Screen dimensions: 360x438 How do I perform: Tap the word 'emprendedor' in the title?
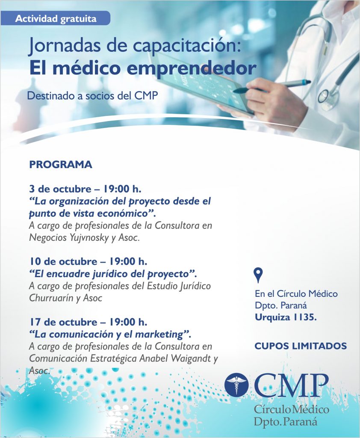(192, 68)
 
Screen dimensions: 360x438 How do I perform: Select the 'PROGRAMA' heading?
(61, 165)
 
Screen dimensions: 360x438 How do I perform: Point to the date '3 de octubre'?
(60, 189)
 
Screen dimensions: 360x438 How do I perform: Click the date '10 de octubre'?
(63, 261)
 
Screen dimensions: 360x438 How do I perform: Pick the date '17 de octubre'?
(63, 322)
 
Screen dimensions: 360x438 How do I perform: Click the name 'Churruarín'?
(51, 298)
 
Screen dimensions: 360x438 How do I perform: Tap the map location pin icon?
(258, 275)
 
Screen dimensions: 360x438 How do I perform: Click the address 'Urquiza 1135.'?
(286, 317)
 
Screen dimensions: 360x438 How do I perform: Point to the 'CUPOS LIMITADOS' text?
(301, 346)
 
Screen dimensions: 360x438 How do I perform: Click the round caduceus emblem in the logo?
(236, 385)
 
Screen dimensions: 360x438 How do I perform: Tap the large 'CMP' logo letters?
(291, 385)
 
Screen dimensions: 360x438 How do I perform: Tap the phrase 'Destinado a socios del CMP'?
(92, 96)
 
